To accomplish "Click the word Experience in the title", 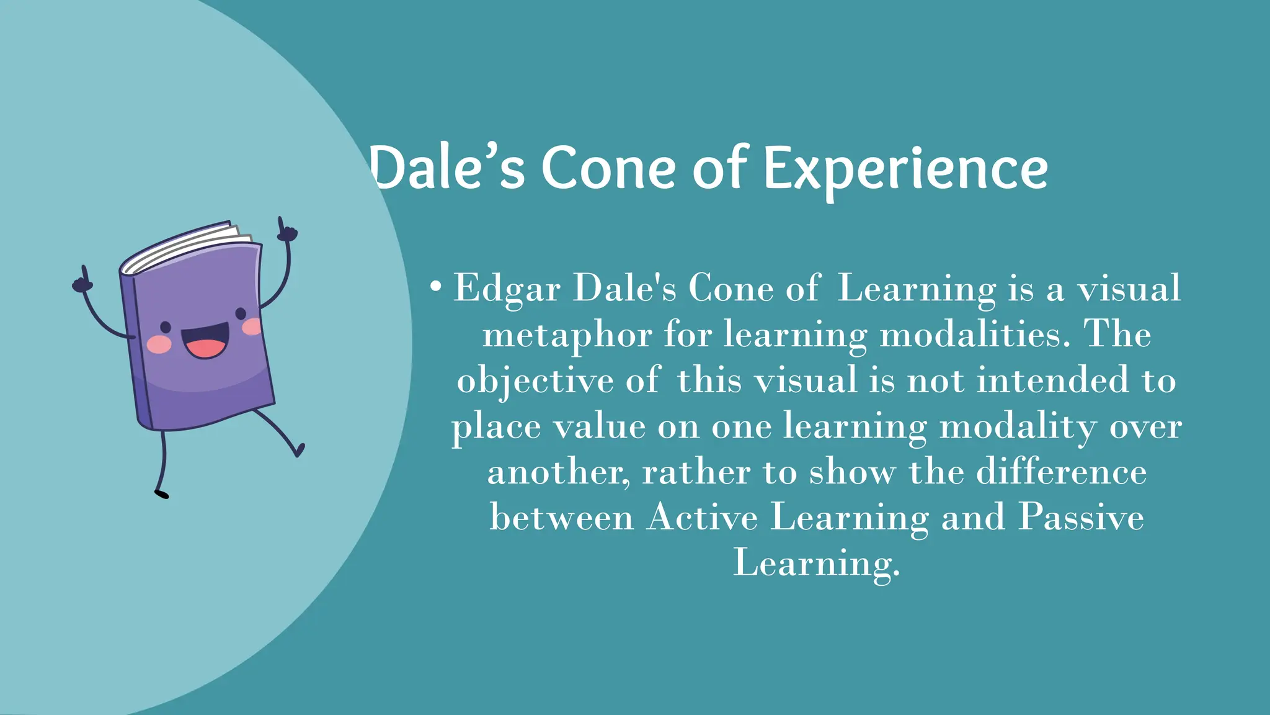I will [905, 169].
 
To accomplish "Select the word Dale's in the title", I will [446, 169].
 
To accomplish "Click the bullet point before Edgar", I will [436, 287].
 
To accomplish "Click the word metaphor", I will [567, 336].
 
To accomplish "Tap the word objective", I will [535, 381].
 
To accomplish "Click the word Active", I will [702, 517].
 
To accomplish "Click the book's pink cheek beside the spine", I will [159, 344].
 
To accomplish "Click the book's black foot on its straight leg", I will [161, 494].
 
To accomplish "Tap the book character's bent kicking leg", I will [282, 431].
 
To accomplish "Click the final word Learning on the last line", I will [815, 564].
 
